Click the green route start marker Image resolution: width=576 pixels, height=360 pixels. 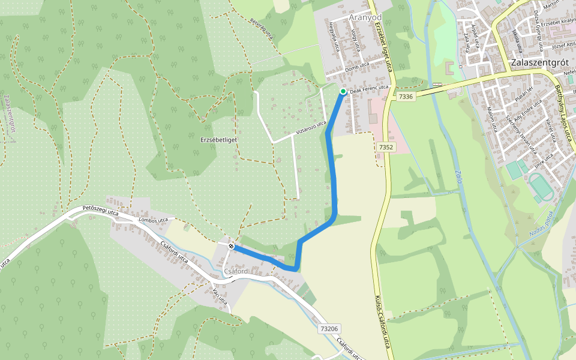pos(343,91)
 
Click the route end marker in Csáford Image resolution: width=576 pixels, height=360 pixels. pos(231,246)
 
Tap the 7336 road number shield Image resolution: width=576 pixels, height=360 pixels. pos(406,96)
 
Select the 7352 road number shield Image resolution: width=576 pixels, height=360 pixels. pos(386,146)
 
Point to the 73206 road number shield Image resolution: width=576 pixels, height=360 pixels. pos(329,328)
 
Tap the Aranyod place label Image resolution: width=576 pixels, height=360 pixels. pos(366,18)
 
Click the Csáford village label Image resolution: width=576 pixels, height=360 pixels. pos(236,271)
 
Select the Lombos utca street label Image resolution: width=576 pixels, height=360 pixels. pos(152,220)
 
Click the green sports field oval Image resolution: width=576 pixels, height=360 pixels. pos(542,187)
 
